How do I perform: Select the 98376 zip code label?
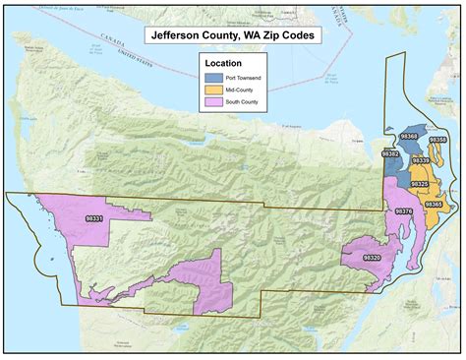click(403, 210)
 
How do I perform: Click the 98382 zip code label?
click(390, 154)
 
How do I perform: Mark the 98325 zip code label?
click(420, 184)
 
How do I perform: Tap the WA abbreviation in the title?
click(256, 35)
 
